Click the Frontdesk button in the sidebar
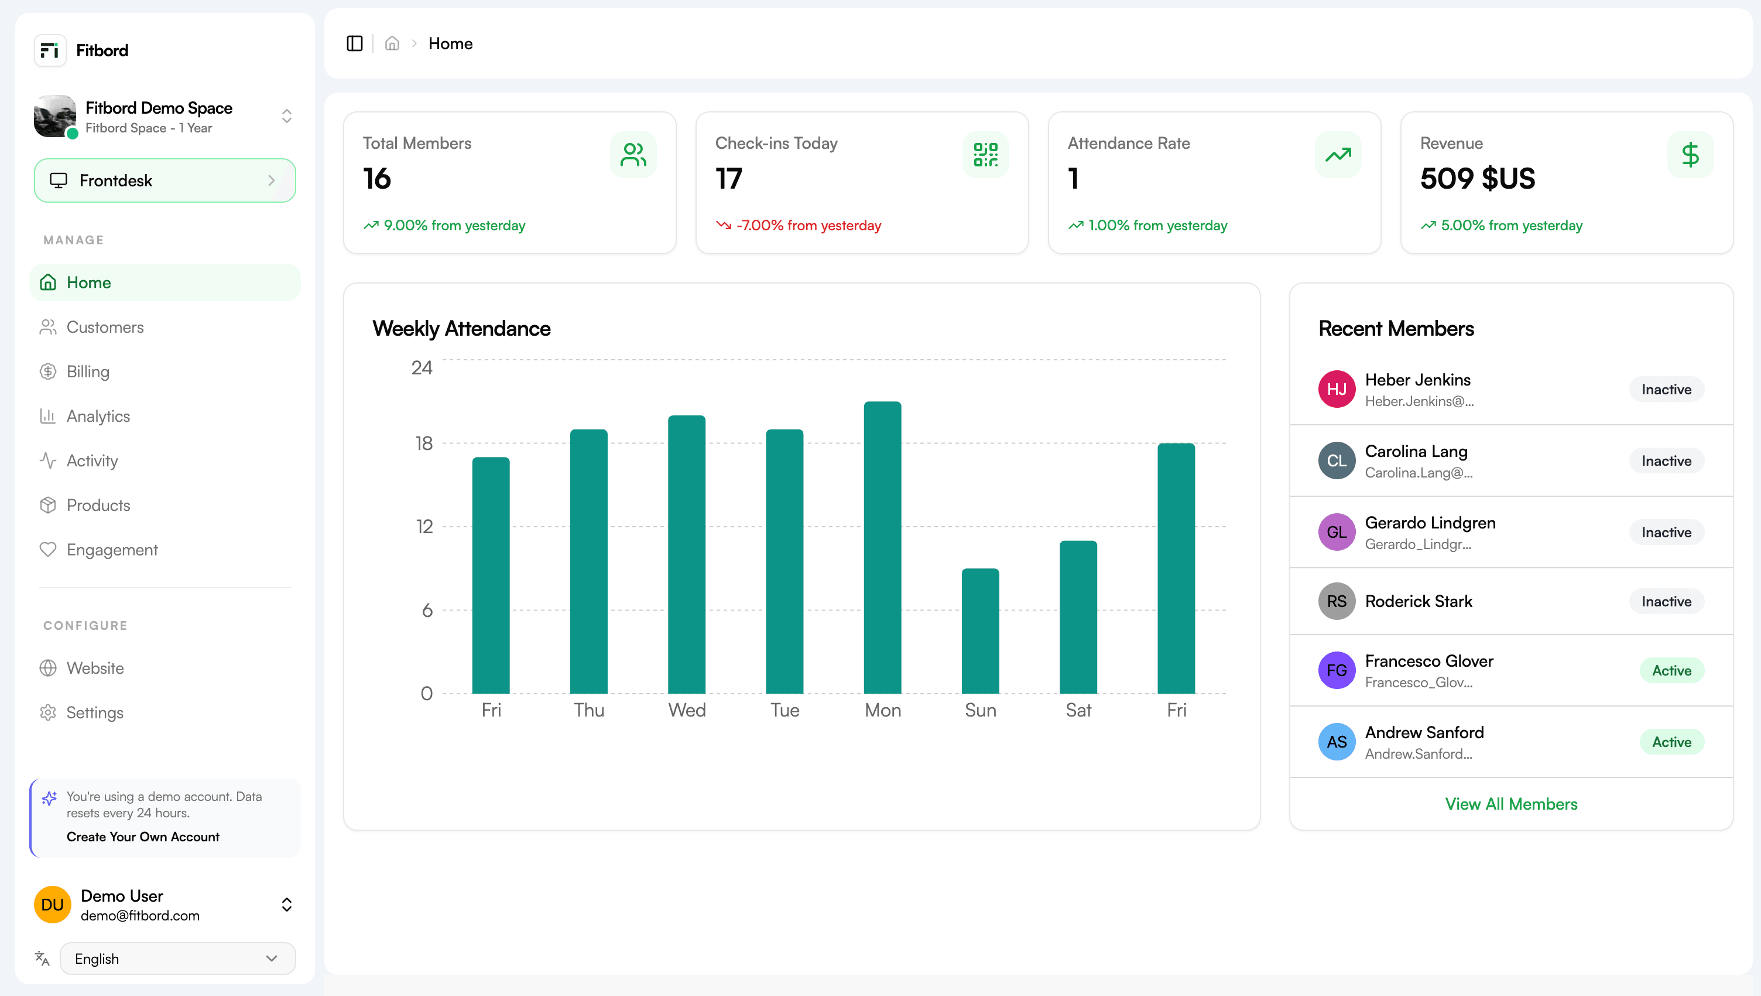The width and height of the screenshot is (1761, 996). (165, 180)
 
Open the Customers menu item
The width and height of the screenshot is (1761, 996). (105, 327)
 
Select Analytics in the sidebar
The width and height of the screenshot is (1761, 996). (98, 416)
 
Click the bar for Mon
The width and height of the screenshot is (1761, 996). (882, 547)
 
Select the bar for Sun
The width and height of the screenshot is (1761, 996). (979, 631)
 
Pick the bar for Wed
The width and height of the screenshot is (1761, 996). (686, 554)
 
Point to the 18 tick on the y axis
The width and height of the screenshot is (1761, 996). (424, 444)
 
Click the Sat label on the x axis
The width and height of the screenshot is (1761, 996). (1078, 710)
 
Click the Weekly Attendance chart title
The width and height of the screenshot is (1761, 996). (461, 328)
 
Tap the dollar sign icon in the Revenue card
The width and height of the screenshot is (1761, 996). (1690, 155)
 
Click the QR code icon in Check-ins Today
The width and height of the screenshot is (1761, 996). (985, 155)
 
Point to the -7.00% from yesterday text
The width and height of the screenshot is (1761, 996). (808, 225)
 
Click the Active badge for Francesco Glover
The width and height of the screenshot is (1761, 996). (1671, 670)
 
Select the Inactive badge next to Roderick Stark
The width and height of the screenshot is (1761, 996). (1666, 601)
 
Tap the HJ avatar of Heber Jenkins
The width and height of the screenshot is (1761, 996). (1337, 389)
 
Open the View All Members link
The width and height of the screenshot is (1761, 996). (1511, 804)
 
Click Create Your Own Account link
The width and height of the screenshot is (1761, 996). (143, 837)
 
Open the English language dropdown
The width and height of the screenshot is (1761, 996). (177, 959)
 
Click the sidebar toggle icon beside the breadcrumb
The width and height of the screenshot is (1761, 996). (354, 44)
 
